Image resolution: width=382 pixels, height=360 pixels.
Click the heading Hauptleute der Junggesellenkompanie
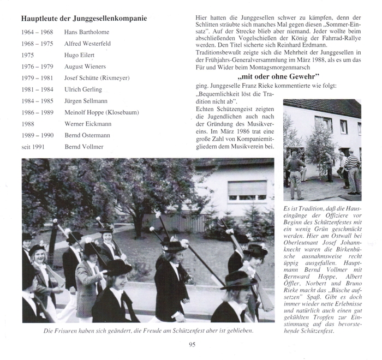pos(83,19)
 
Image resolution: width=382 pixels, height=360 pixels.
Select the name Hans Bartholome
pos(87,33)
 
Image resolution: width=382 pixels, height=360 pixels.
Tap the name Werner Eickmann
pos(88,124)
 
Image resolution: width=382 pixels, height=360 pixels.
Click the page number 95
pos(192,345)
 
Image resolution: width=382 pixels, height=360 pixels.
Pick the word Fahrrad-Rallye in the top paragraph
pos(345,38)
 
